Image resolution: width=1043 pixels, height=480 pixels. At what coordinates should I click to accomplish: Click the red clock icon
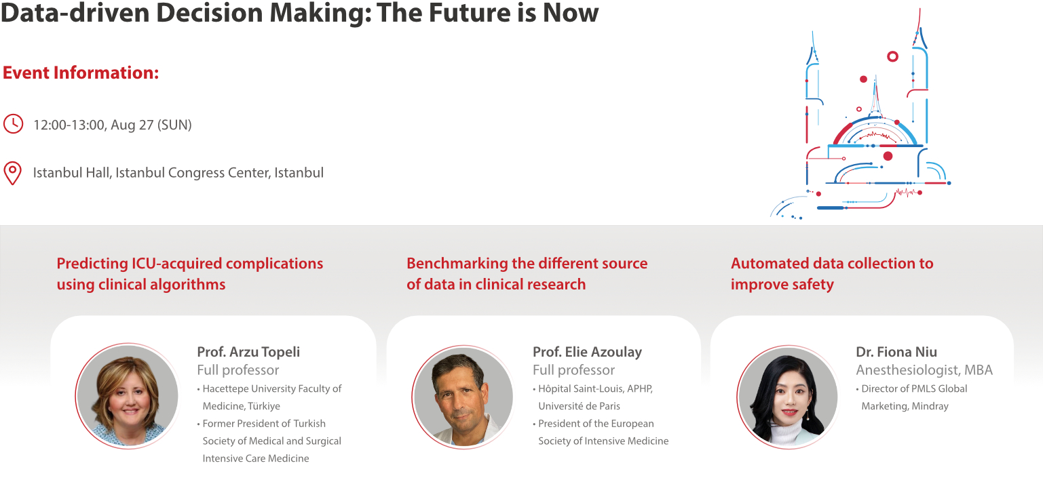[13, 123]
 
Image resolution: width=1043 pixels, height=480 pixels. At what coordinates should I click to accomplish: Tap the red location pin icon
[13, 173]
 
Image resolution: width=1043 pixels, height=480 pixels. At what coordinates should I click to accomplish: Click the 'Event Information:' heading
[81, 73]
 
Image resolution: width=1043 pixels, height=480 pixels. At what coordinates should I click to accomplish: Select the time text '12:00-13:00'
[69, 125]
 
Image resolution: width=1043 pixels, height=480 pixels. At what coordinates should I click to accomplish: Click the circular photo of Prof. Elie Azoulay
[463, 396]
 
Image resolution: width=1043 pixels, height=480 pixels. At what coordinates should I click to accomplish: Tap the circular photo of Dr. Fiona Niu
[787, 396]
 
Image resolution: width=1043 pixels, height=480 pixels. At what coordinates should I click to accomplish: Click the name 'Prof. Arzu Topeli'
[248, 352]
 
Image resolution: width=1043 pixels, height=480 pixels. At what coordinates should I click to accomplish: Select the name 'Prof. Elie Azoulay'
[587, 352]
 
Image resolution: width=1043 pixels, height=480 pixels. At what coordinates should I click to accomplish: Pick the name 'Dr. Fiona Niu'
[896, 352]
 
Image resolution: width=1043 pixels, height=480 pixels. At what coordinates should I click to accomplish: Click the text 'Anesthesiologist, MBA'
[924, 370]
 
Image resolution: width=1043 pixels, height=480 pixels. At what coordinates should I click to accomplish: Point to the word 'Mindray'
[931, 406]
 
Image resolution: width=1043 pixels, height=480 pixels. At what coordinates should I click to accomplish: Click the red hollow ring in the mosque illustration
[893, 57]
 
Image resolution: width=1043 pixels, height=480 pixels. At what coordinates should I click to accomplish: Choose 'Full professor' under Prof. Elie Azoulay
[574, 370]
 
